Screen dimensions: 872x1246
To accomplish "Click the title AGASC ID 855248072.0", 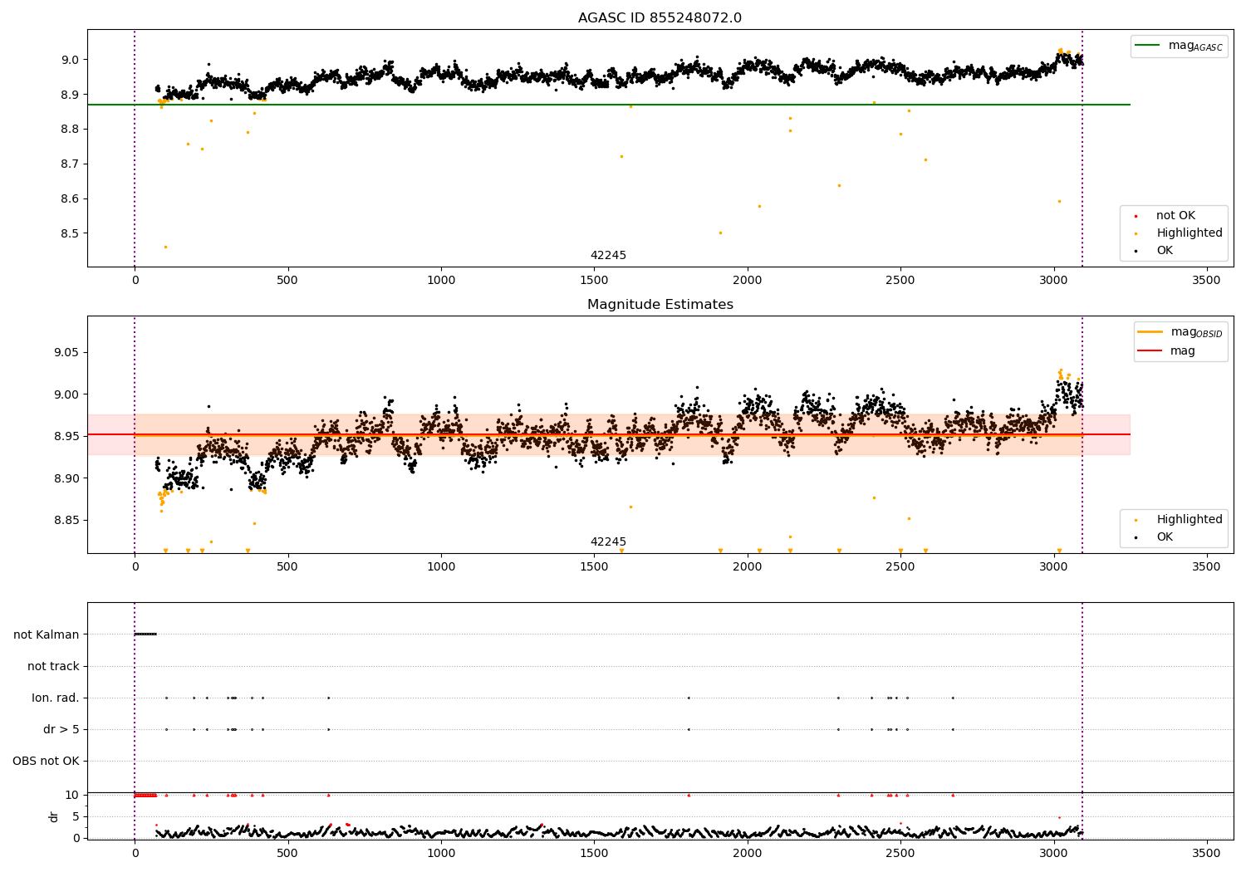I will tap(660, 18).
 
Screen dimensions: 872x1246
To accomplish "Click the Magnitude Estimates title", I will tap(660, 305).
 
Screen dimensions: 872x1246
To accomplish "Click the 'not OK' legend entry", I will tap(1175, 216).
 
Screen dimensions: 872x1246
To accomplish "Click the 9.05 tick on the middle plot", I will tap(65, 353).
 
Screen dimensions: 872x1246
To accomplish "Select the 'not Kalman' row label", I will tap(47, 634).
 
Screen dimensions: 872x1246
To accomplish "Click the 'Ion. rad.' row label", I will tap(56, 698).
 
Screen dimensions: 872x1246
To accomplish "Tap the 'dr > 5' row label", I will tap(61, 729).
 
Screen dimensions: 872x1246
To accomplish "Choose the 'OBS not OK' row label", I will tap(46, 761).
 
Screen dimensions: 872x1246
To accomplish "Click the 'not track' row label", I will tap(53, 666).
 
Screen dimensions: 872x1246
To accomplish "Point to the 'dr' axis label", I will tap(54, 816).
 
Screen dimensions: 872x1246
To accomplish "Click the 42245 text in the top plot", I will tap(608, 256).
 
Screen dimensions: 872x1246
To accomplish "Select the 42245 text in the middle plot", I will tap(608, 541).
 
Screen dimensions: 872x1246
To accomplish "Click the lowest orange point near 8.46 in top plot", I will tap(165, 247).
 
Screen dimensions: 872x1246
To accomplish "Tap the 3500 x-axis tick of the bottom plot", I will tap(1206, 852).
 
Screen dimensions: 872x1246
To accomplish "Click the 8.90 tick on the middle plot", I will tap(65, 478).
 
